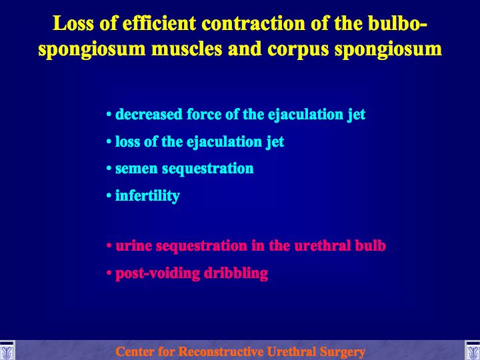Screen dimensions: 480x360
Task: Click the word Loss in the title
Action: pyautogui.click(x=73, y=23)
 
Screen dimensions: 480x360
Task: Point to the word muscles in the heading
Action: pyautogui.click(x=187, y=49)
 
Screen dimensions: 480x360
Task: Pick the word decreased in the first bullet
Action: pyautogui.click(x=149, y=115)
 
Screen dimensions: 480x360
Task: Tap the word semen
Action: pyautogui.click(x=137, y=169)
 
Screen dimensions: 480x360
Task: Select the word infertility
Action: pyautogui.click(x=147, y=196)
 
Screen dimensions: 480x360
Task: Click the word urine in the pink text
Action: pyautogui.click(x=134, y=247)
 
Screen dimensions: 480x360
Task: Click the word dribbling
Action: pyautogui.click(x=236, y=273)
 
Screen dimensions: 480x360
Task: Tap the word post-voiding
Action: pyautogui.click(x=157, y=273)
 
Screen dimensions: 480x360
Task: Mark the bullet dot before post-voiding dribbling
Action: pyautogui.click(x=109, y=272)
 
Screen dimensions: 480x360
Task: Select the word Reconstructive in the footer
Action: pyautogui.click(x=221, y=351)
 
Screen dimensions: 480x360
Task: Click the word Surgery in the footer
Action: pyautogui.click(x=342, y=352)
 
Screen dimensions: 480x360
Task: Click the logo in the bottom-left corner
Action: pyautogui.click(x=7, y=350)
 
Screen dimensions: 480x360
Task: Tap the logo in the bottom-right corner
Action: pyautogui.click(x=473, y=350)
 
